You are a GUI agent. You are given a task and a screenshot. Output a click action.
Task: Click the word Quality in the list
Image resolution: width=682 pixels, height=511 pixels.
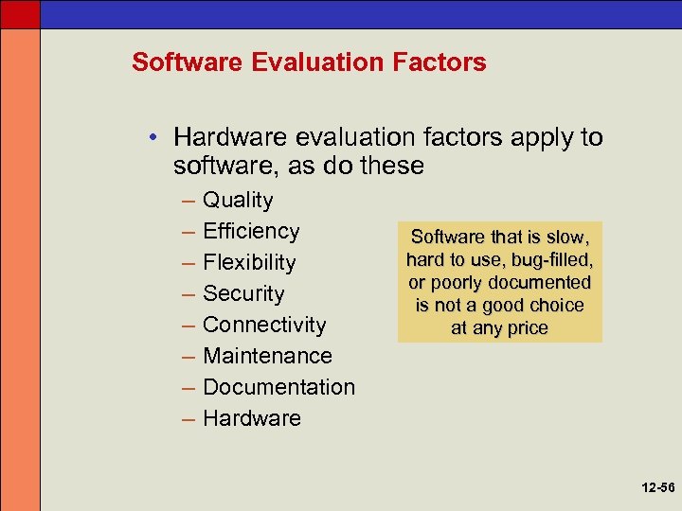(x=238, y=201)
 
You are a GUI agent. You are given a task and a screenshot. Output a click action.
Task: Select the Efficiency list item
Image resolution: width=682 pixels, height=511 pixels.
(x=251, y=232)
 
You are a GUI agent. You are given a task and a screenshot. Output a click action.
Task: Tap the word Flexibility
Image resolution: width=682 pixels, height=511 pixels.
(x=249, y=263)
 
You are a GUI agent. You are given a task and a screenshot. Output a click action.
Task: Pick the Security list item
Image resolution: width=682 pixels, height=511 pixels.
(x=243, y=294)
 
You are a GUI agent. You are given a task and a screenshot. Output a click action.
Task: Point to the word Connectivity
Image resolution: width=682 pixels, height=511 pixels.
(x=264, y=326)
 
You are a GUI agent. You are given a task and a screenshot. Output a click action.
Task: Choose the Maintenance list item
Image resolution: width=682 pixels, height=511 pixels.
(x=267, y=357)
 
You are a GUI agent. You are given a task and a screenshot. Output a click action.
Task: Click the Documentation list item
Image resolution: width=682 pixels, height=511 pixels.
(x=278, y=388)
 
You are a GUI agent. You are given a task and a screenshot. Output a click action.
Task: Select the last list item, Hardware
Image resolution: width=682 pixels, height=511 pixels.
(x=252, y=419)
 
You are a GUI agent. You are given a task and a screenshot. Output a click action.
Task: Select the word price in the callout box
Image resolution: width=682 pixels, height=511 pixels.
(x=527, y=328)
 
